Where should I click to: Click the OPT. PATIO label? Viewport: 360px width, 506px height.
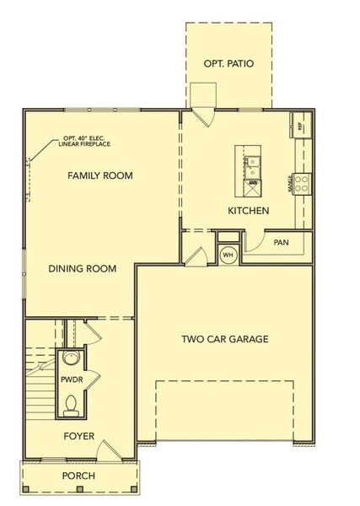coord(229,64)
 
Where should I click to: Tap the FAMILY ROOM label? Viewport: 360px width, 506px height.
coord(101,175)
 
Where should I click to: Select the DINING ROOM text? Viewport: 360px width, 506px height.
coord(81,269)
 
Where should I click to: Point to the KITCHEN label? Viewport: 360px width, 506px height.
coord(248,210)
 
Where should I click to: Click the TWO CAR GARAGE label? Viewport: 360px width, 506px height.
coord(225,340)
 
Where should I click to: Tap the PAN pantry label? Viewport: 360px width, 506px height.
coord(282,243)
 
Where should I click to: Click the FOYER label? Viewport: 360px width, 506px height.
coord(78,436)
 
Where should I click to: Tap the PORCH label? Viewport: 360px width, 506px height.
coord(78,476)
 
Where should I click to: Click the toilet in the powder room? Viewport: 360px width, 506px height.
coord(73,407)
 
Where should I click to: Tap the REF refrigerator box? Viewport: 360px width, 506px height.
coord(300,126)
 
